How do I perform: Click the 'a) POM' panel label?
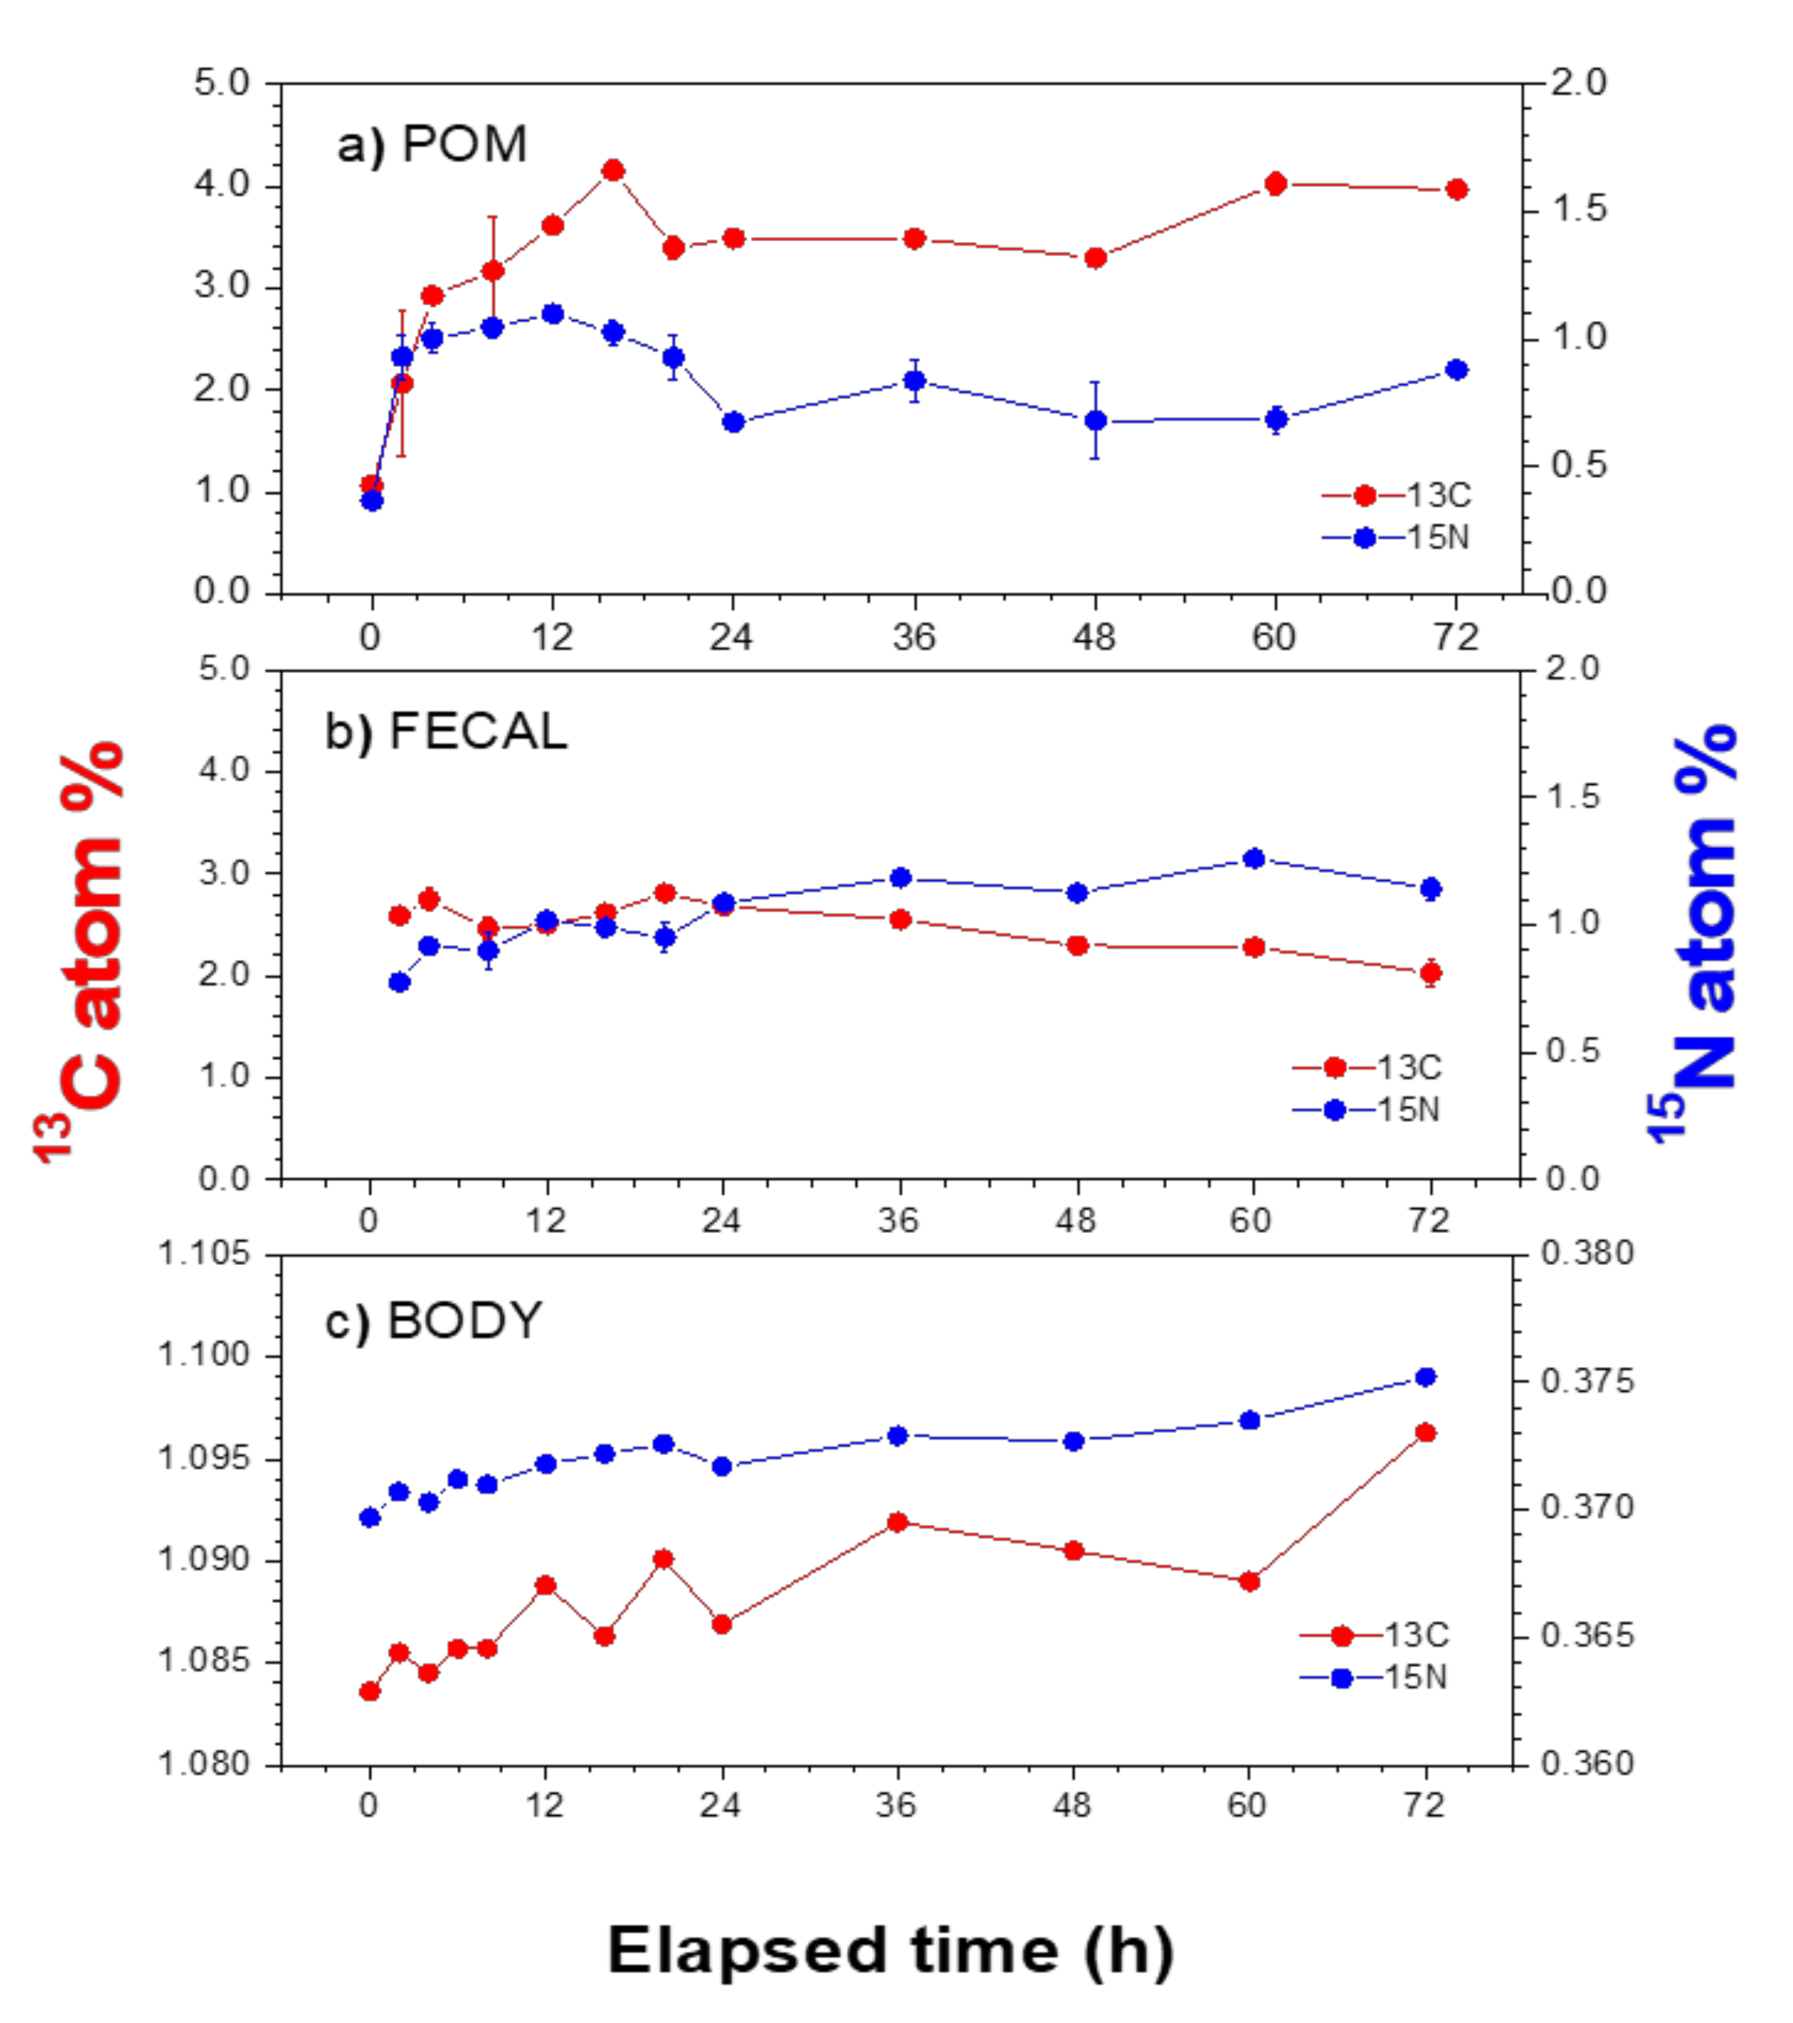[432, 145]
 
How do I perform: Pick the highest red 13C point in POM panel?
[613, 171]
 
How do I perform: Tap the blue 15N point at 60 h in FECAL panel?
[1253, 858]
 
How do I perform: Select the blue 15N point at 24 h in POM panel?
[733, 421]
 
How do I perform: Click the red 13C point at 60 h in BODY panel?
[1250, 1581]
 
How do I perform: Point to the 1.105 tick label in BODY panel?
[204, 1254]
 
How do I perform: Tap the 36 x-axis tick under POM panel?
[913, 637]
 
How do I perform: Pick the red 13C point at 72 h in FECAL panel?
[1430, 973]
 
